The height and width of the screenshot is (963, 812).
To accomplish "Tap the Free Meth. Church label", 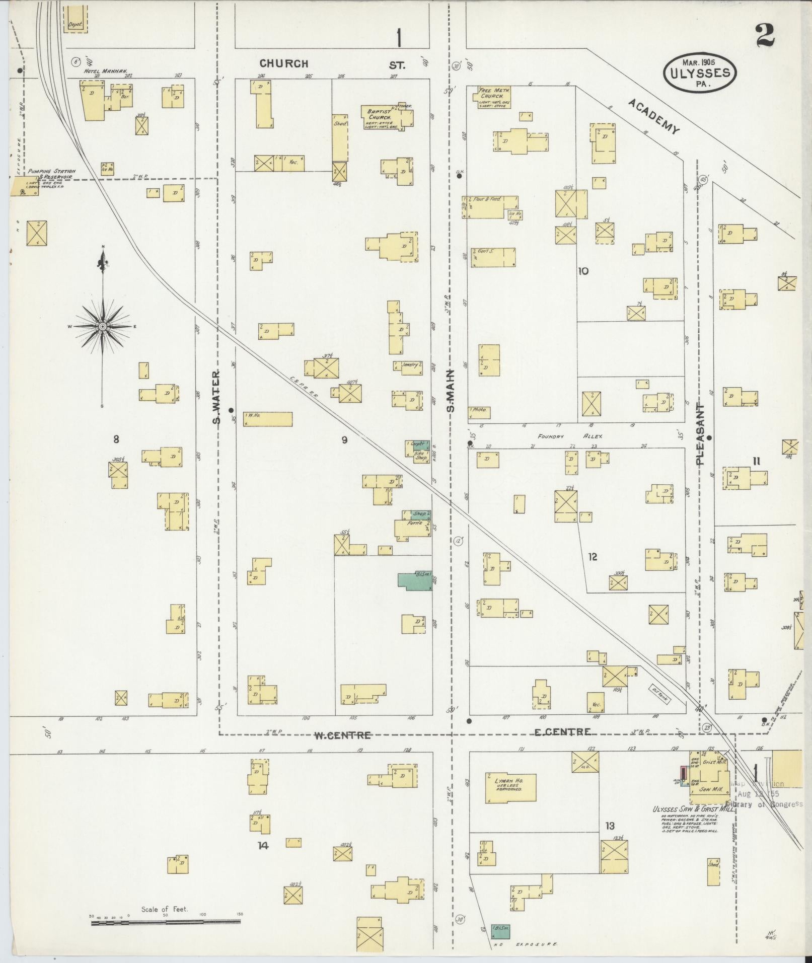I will coord(495,93).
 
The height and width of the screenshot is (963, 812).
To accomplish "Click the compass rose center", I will coord(103,327).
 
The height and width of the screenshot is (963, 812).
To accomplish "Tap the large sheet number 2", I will coord(765,35).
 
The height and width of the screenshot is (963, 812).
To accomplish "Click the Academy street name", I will coord(654,116).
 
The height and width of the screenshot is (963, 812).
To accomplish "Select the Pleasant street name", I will coord(701,433).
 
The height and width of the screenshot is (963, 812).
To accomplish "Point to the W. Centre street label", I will coord(342,735).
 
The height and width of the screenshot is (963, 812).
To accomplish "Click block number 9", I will coord(344,440).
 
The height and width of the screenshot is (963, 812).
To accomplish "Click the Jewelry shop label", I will coord(409,365).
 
